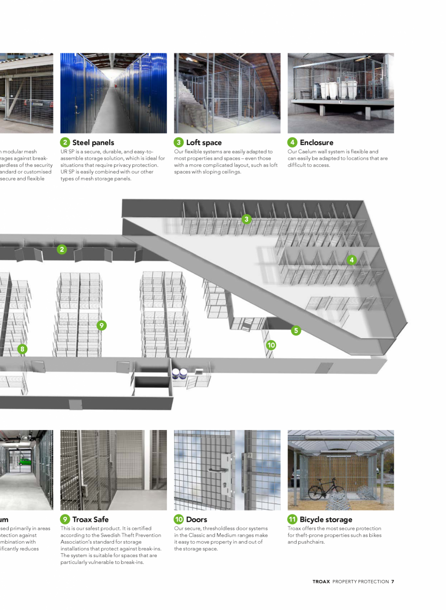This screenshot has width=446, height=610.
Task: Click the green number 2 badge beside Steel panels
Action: (65, 142)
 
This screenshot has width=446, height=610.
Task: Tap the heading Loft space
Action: (204, 143)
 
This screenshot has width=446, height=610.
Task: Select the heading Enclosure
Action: (316, 143)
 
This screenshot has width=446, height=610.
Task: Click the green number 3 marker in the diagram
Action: (247, 219)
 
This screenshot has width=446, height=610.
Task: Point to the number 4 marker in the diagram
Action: (352, 260)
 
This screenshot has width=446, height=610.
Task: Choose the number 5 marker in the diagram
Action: (296, 330)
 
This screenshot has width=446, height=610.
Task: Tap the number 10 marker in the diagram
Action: (271, 345)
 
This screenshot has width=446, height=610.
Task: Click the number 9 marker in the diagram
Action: (101, 326)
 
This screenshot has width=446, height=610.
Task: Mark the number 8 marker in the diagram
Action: (22, 349)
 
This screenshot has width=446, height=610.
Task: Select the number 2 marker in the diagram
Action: (62, 249)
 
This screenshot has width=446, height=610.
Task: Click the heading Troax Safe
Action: (90, 520)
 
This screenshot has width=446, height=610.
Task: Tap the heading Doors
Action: (197, 520)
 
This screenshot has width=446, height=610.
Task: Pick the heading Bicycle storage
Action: (326, 520)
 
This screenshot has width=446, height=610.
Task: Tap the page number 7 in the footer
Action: (392, 581)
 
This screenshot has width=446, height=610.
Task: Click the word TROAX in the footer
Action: (321, 581)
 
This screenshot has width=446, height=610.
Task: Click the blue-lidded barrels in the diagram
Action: (180, 373)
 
